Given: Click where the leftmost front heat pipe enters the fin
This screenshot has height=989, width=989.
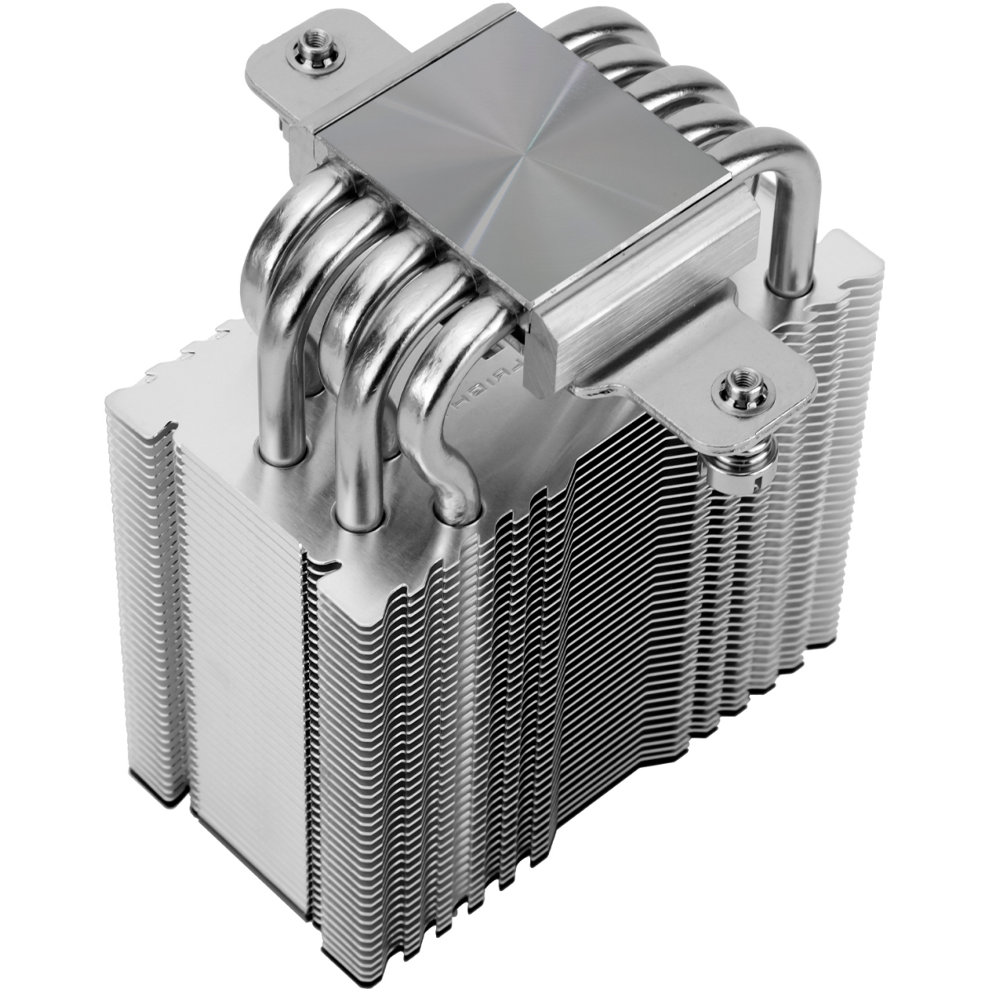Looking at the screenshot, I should click(x=280, y=449).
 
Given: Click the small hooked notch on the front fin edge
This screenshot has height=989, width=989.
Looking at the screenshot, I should click(x=330, y=565).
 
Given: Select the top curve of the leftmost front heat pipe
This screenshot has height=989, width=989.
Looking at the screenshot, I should click(x=272, y=239).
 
